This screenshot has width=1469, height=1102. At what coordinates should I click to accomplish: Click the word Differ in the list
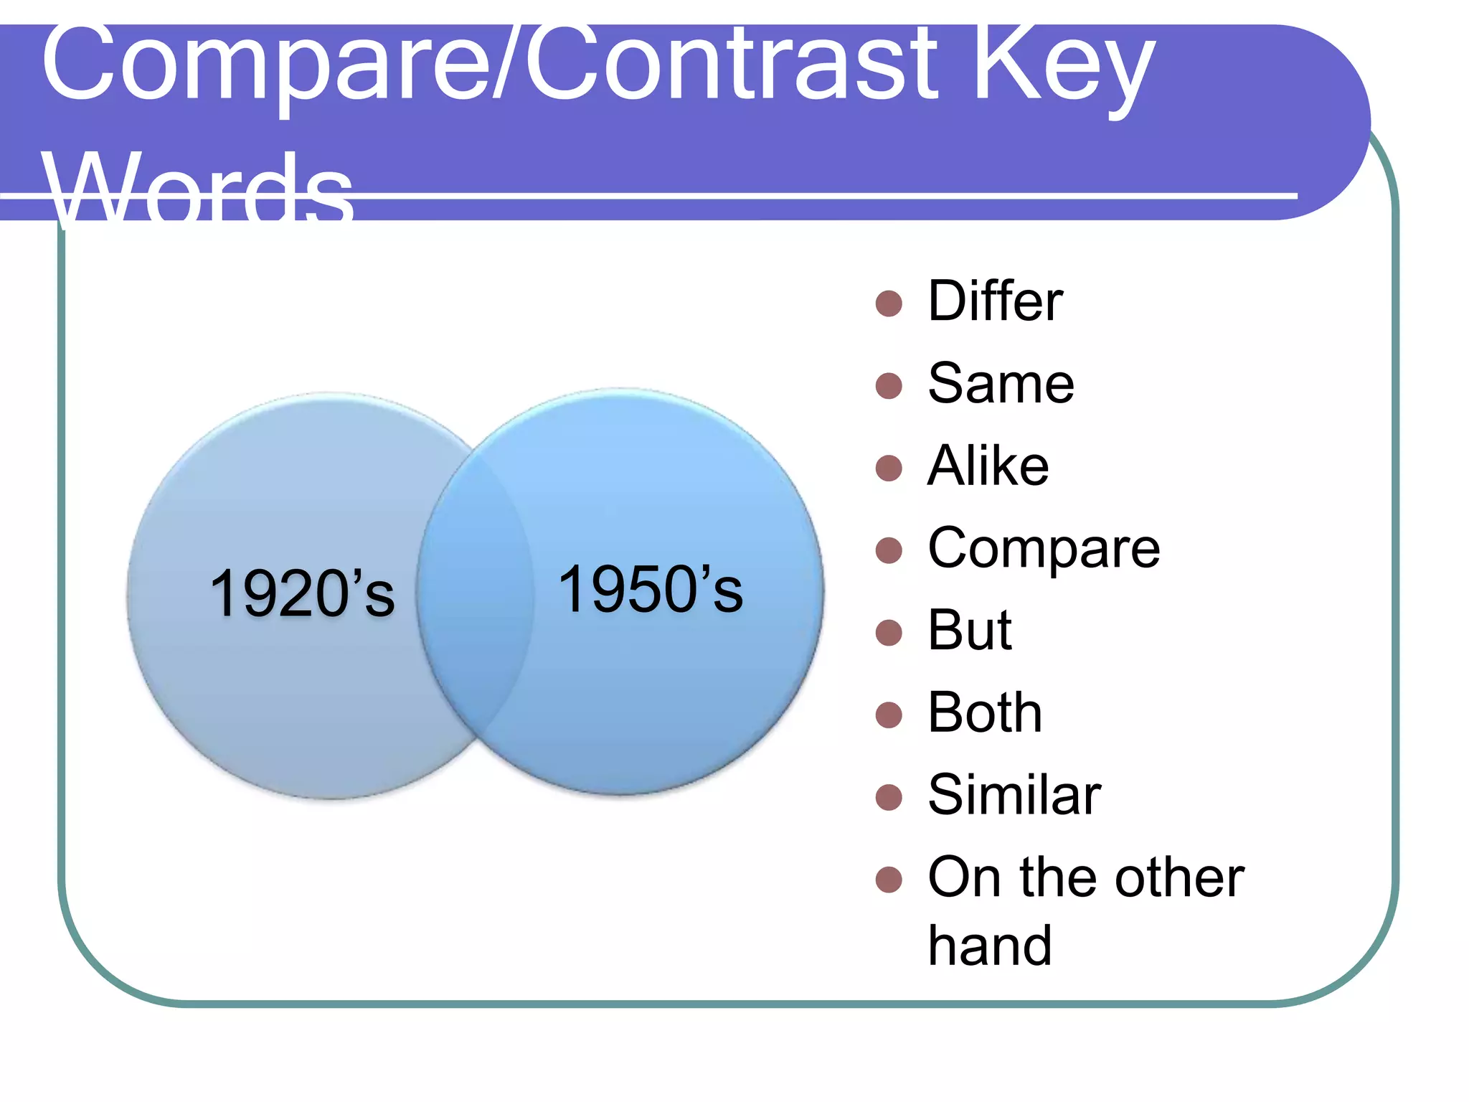click(x=994, y=301)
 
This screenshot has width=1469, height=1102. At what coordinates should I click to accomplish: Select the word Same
click(x=1001, y=383)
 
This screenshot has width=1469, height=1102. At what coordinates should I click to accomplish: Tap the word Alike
click(x=988, y=466)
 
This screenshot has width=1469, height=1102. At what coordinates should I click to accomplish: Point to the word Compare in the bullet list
click(x=1043, y=549)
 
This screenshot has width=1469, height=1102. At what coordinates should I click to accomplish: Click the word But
click(x=969, y=631)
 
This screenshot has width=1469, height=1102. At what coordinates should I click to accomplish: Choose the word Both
click(x=984, y=713)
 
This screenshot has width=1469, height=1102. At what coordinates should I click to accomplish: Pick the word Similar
click(x=1014, y=795)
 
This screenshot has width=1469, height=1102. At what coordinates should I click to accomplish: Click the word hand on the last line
click(x=989, y=946)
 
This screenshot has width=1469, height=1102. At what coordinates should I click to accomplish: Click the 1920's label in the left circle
click(x=301, y=593)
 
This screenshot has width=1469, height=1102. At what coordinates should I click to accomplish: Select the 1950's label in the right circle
click(x=650, y=590)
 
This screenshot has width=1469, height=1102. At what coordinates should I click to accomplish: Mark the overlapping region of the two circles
click(x=475, y=595)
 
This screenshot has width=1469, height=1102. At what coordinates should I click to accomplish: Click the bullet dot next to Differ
click(x=889, y=303)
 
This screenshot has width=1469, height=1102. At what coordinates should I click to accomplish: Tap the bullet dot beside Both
click(x=889, y=715)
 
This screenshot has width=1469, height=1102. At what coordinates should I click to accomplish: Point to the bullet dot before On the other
click(x=889, y=880)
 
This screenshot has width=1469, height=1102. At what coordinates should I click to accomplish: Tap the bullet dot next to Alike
click(x=889, y=468)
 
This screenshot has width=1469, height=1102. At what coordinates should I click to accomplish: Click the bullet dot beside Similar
click(x=889, y=797)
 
